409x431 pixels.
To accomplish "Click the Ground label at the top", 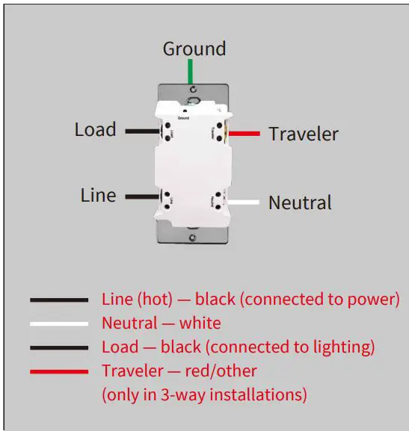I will pos(194,49).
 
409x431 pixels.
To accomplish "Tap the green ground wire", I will pos(191,72).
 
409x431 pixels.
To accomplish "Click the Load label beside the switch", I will pos(95,130).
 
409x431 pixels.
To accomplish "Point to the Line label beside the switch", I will pos(98,196).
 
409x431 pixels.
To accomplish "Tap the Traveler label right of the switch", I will pos(303,134).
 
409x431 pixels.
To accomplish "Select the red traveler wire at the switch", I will pos(244,134).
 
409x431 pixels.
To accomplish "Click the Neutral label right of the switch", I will pos(300,202).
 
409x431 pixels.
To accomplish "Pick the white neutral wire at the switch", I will pos(243,202).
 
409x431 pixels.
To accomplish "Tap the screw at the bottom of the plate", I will pos(192,238).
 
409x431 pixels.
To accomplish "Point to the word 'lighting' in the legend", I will pos(340,347).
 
